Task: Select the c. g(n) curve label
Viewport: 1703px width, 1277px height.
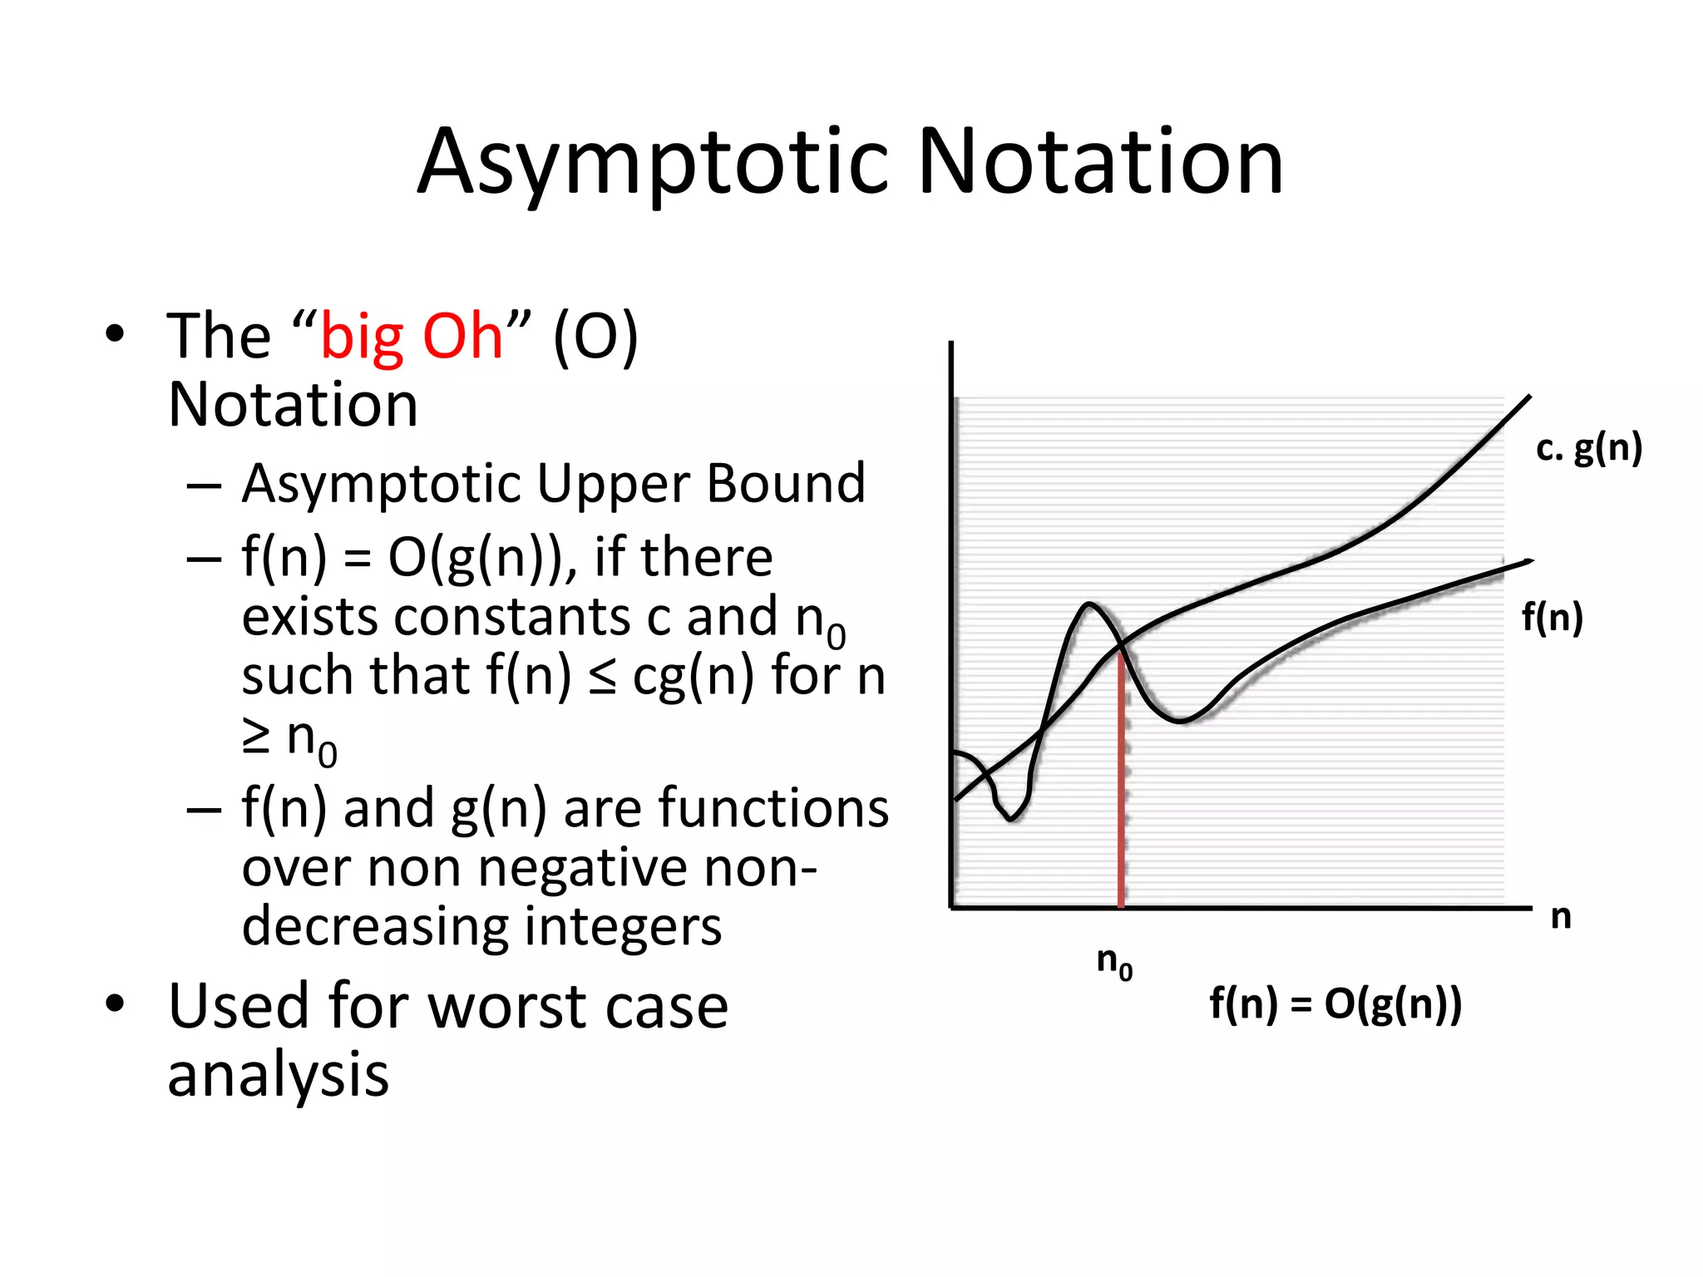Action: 1588,449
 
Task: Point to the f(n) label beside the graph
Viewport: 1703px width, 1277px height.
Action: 1552,618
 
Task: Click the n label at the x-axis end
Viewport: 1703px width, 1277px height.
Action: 1561,916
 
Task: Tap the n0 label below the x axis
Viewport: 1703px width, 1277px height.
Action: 1114,963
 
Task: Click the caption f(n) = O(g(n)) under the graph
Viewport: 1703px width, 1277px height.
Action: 1335,1003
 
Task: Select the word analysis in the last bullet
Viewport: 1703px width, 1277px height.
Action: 278,1075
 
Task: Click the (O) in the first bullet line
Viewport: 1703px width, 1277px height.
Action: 595,337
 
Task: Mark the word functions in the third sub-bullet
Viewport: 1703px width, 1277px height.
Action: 773,808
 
